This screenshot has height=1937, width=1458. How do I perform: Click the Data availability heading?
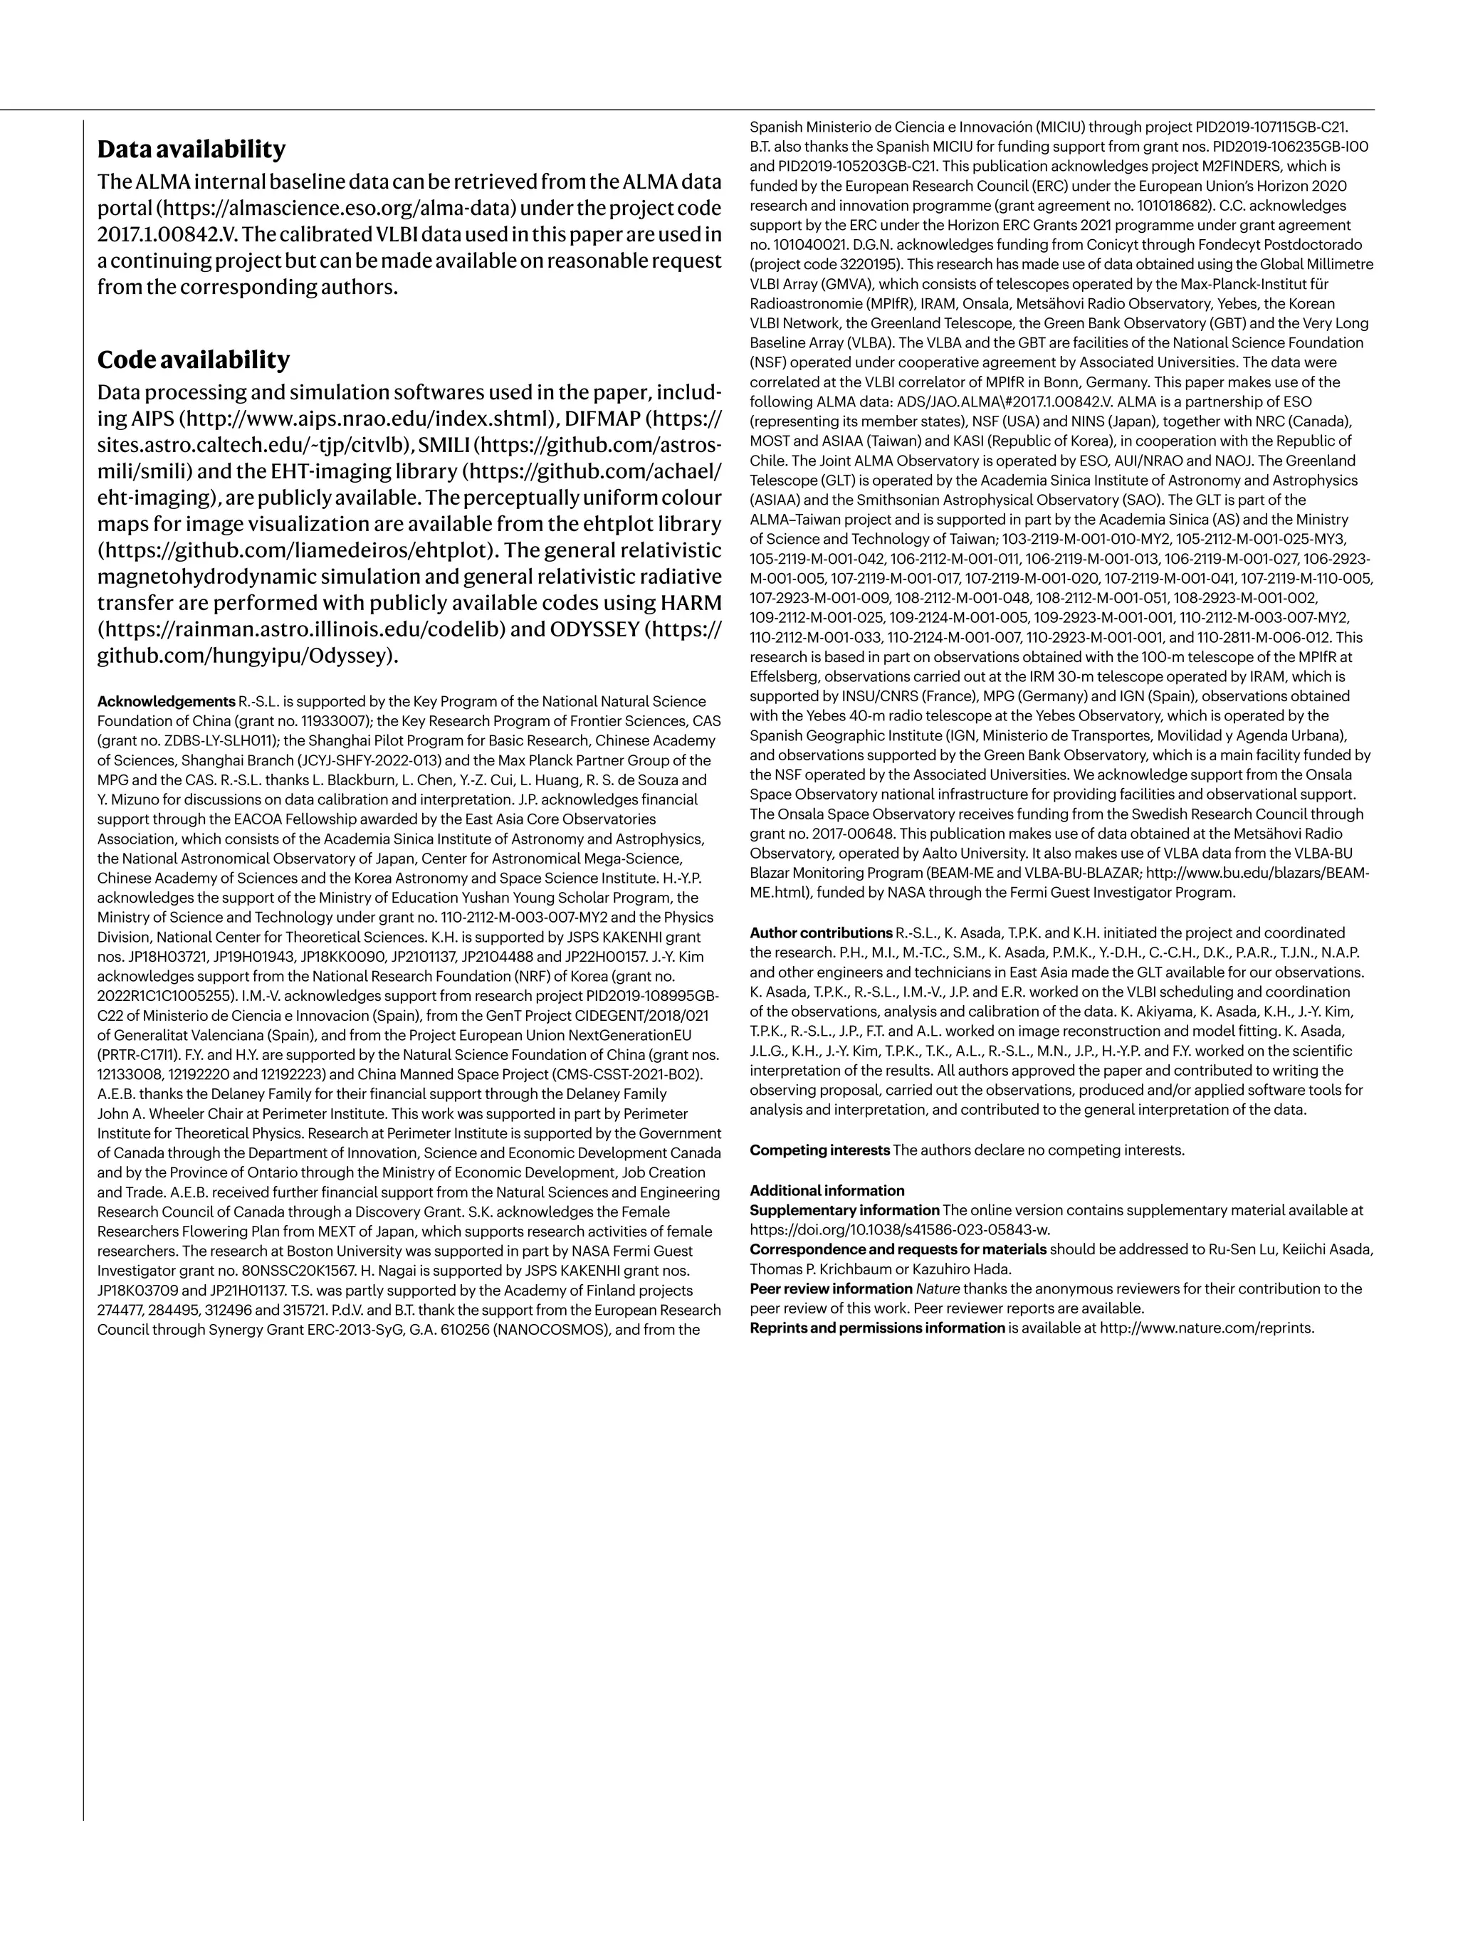point(191,149)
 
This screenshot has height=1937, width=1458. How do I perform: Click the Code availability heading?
point(193,360)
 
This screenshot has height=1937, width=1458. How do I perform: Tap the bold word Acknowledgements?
point(165,701)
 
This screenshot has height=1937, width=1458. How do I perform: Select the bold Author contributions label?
point(821,933)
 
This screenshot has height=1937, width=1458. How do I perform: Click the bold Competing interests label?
point(819,1150)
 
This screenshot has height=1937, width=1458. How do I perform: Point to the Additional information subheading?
point(827,1190)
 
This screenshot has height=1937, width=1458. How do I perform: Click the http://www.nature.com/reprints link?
point(1207,1328)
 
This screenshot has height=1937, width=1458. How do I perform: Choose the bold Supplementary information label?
point(844,1210)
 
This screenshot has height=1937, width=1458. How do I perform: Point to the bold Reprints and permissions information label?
point(876,1328)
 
